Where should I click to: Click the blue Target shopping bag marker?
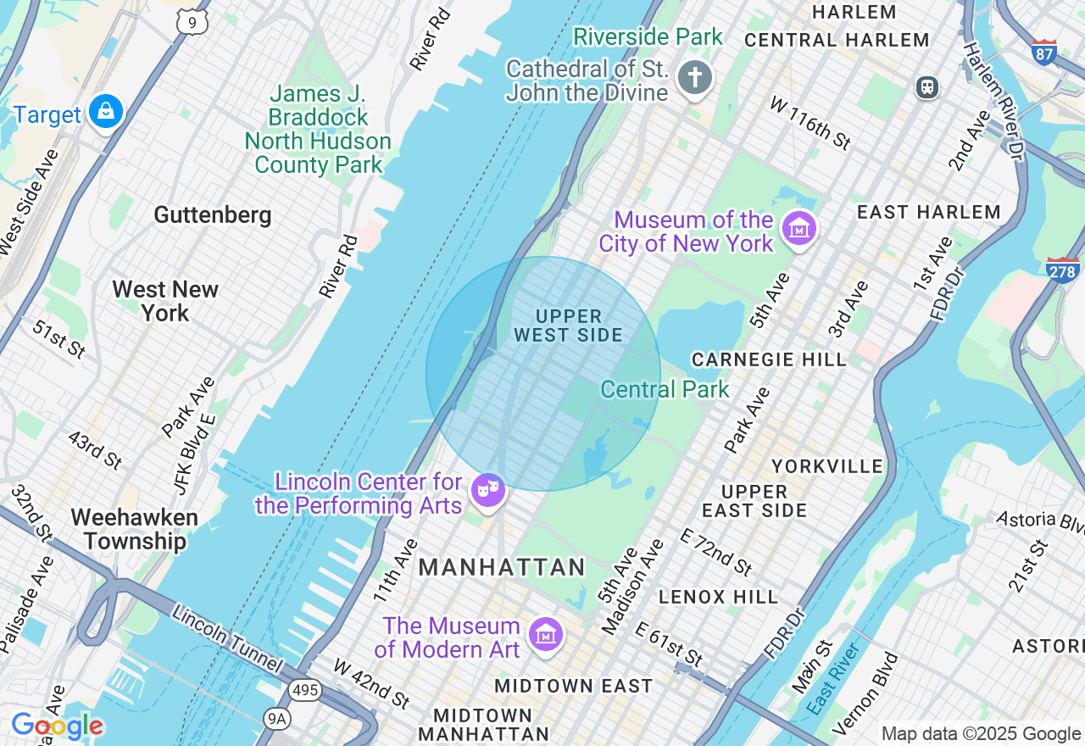coord(106,112)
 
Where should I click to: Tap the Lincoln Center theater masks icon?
coord(488,489)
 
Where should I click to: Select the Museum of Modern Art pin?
coord(546,634)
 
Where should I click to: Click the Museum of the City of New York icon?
coord(799,228)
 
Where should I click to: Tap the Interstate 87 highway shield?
coord(1044,53)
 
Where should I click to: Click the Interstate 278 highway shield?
coord(1063,270)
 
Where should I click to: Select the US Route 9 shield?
coord(193,22)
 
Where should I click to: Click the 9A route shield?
coord(276,720)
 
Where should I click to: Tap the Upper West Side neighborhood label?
coord(568,326)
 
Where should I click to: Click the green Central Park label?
coord(665,389)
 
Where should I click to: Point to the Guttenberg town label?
coord(213,214)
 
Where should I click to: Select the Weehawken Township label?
coord(135,529)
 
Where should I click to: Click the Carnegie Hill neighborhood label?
coord(769,359)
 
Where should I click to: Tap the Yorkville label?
coord(827,466)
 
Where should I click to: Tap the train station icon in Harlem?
coord(927,86)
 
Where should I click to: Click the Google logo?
coord(57,726)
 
